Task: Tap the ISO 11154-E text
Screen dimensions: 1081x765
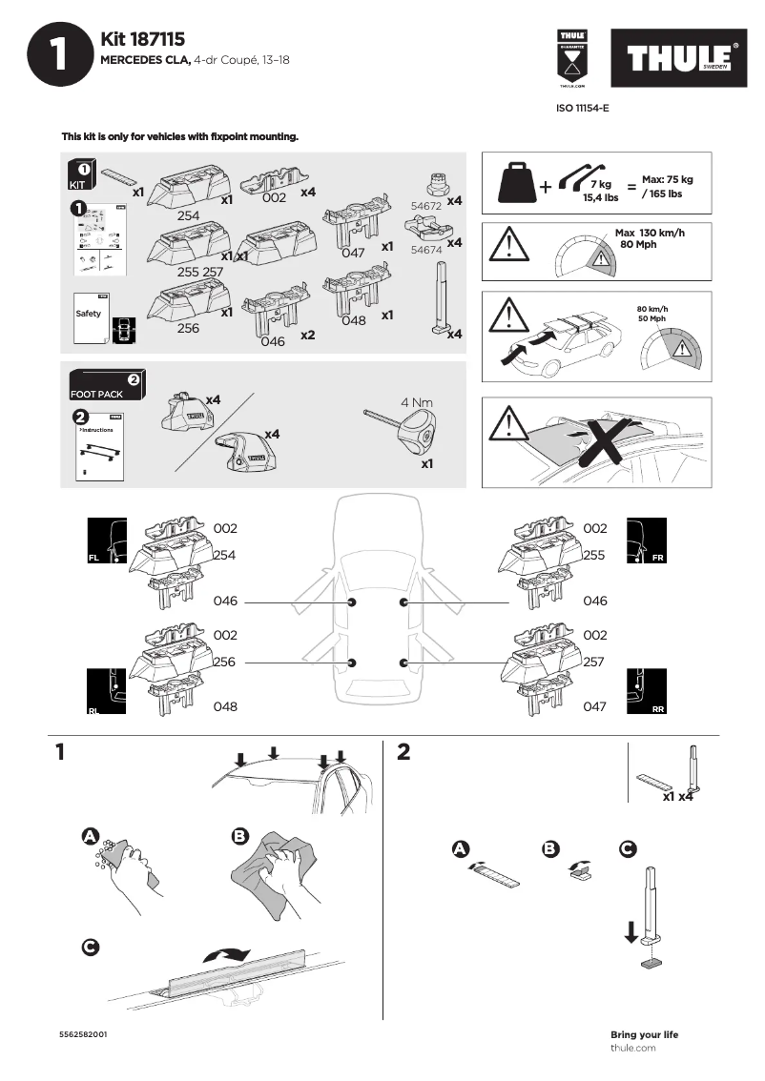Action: pyautogui.click(x=582, y=109)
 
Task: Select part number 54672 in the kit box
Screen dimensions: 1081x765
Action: pyautogui.click(x=424, y=205)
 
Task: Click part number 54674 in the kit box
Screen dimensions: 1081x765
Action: pyautogui.click(x=424, y=249)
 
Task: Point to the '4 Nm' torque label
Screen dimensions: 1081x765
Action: pyautogui.click(x=417, y=402)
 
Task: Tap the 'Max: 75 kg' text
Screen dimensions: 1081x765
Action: pyautogui.click(x=667, y=179)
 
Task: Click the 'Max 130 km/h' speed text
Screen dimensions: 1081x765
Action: pyautogui.click(x=650, y=234)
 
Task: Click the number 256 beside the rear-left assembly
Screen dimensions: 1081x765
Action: pyautogui.click(x=224, y=662)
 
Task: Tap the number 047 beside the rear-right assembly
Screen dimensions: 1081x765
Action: pyautogui.click(x=594, y=707)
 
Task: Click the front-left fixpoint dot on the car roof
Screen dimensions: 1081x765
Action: pyautogui.click(x=353, y=602)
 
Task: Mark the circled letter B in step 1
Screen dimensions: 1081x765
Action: pyautogui.click(x=240, y=836)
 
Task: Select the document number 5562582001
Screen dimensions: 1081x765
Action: pyautogui.click(x=83, y=1035)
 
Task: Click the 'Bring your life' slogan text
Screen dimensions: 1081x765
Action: pyautogui.click(x=644, y=1035)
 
